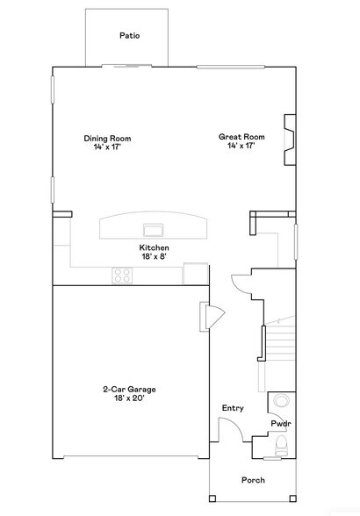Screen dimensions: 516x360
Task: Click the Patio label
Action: [130, 36]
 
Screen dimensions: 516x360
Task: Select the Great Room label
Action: [241, 136]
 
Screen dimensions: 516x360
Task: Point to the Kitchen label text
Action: [154, 247]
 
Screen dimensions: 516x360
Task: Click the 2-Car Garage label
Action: [129, 389]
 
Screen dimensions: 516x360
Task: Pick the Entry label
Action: [233, 408]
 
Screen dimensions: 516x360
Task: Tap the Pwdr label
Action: [280, 424]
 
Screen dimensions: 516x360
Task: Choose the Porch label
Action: [253, 480]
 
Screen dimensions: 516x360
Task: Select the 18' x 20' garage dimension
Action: [129, 398]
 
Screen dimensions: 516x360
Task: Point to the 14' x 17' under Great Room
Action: [241, 146]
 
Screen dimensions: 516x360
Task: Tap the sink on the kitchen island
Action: [154, 230]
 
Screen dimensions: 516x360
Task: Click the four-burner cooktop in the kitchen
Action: [122, 275]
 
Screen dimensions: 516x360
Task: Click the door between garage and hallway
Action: [212, 316]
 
